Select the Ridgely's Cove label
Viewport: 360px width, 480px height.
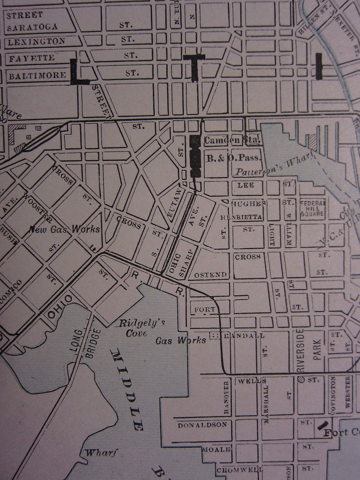click(135, 328)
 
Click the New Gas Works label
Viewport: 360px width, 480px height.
click(63, 229)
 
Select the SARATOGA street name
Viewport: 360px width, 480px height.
click(32, 26)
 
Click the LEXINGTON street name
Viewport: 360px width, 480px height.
click(36, 41)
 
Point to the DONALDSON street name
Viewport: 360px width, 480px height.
click(202, 425)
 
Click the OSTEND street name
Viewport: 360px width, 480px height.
click(211, 274)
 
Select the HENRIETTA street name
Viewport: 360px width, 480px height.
click(237, 218)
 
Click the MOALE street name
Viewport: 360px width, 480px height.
click(216, 449)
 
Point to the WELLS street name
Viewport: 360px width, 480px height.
click(248, 381)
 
